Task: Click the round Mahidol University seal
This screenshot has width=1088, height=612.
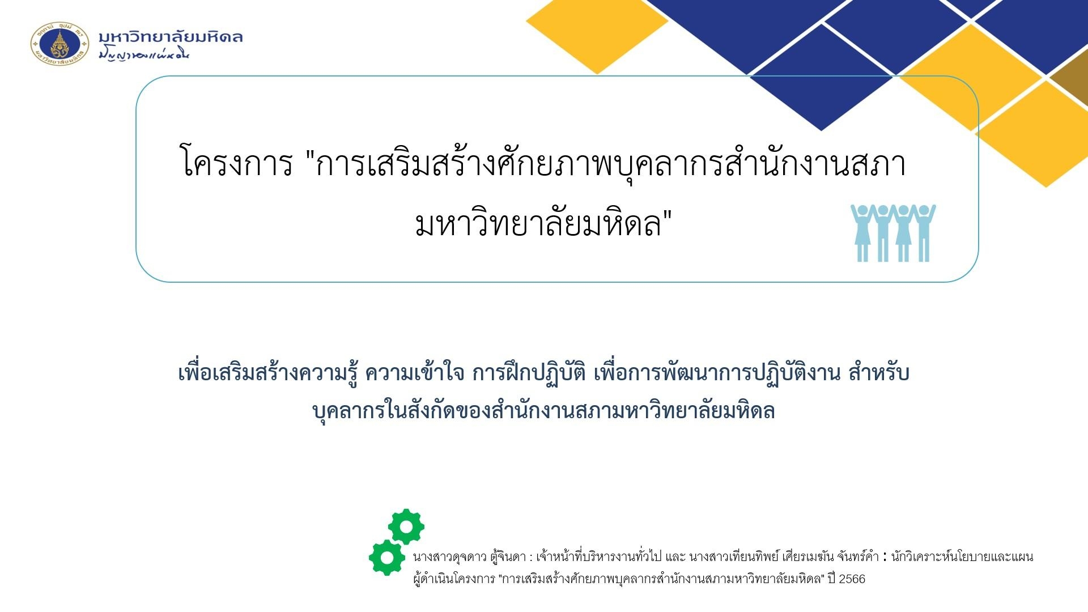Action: click(59, 44)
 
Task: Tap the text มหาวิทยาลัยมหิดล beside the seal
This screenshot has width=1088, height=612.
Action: click(171, 37)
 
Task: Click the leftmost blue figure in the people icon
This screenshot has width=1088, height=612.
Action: click(862, 233)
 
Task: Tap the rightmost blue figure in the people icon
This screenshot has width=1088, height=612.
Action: click(924, 233)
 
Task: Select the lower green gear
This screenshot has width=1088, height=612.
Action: click(387, 558)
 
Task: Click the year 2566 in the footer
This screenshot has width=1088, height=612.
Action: click(852, 579)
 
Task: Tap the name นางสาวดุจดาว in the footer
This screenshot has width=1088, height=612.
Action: click(450, 557)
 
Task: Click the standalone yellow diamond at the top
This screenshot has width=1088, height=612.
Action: click(597, 34)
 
